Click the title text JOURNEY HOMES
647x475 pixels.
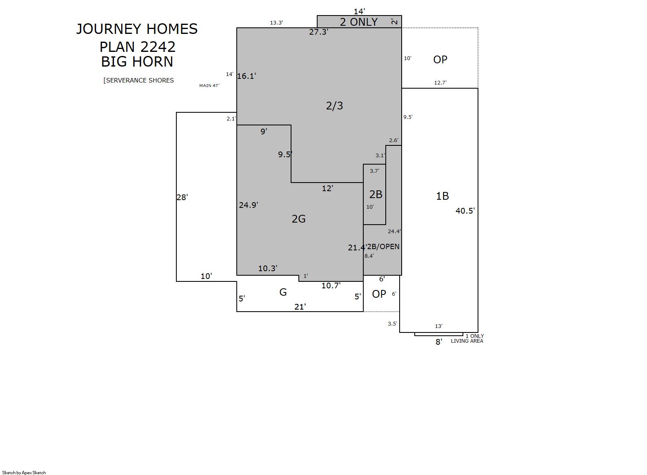tap(137, 29)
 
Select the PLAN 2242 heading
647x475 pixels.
tap(138, 47)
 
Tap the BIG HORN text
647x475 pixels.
tap(137, 62)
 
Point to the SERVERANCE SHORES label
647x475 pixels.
tap(139, 80)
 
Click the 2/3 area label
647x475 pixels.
tap(334, 106)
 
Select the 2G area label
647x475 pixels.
tap(299, 219)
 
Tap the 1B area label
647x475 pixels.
tap(442, 196)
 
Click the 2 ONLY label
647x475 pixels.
tap(359, 22)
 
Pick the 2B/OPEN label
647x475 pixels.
tap(383, 246)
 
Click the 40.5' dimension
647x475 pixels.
tap(465, 211)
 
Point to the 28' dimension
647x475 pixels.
tap(182, 197)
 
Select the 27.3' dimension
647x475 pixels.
tap(318, 32)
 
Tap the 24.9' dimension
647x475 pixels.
tap(249, 205)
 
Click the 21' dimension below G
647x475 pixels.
tap(300, 307)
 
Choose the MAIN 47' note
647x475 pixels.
tap(209, 85)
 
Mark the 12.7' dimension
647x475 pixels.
tap(440, 83)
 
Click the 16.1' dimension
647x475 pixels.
tap(247, 76)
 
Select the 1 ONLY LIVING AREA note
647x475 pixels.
tap(467, 338)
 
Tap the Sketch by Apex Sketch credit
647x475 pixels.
tap(24, 473)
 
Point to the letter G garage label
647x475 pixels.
tap(283, 292)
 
